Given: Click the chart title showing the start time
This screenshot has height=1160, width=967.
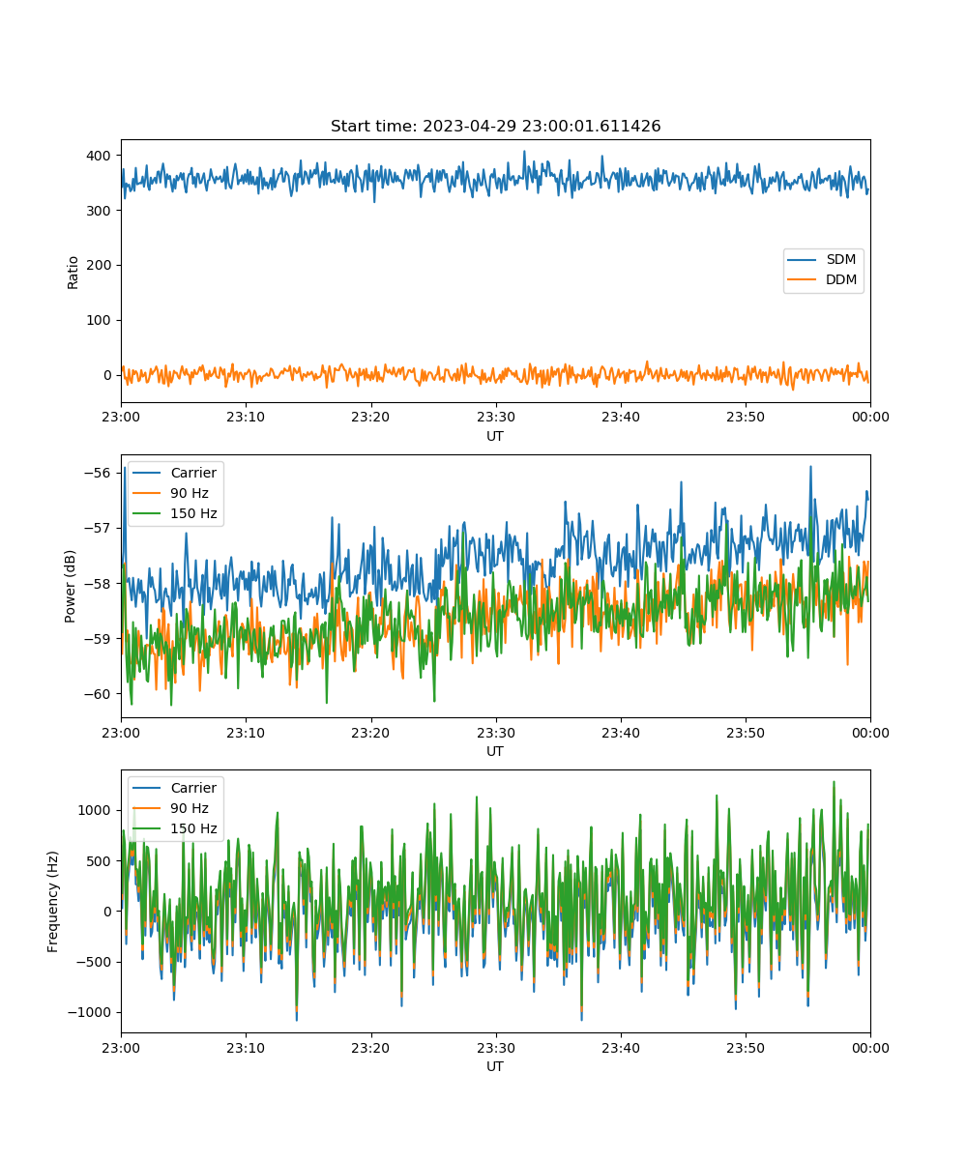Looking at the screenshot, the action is click(x=495, y=126).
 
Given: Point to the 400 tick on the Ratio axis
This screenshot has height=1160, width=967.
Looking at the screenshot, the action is click(x=99, y=156).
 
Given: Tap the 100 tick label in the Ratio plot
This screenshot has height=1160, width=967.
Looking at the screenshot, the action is click(x=99, y=320).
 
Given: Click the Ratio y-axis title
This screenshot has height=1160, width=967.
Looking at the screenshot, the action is click(x=73, y=273).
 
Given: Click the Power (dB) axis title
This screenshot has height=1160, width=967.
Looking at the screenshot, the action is click(x=70, y=586).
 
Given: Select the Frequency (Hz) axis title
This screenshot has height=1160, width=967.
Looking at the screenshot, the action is click(x=52, y=901).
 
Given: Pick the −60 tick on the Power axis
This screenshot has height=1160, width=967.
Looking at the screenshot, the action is click(x=98, y=694).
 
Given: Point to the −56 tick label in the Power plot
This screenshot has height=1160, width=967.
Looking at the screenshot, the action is click(x=98, y=473).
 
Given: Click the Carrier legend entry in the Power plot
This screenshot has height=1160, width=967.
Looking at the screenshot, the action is click(x=174, y=473).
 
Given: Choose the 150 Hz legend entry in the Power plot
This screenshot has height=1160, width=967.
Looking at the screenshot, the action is click(x=174, y=513).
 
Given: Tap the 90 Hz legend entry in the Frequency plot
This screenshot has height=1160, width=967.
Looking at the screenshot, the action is click(x=170, y=808).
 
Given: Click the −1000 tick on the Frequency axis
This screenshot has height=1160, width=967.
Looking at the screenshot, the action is click(x=89, y=1012).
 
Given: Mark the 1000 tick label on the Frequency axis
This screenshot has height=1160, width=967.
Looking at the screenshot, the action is click(x=94, y=810).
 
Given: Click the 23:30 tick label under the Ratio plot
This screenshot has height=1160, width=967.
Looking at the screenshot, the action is click(x=496, y=417).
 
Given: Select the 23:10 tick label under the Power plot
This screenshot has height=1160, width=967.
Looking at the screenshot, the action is click(x=246, y=733).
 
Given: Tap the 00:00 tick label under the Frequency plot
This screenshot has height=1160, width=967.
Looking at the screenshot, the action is click(x=870, y=1048).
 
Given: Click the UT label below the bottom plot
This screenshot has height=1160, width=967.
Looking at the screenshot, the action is click(x=494, y=1066).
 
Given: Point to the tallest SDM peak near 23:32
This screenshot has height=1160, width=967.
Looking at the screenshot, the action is click(x=523, y=151).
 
